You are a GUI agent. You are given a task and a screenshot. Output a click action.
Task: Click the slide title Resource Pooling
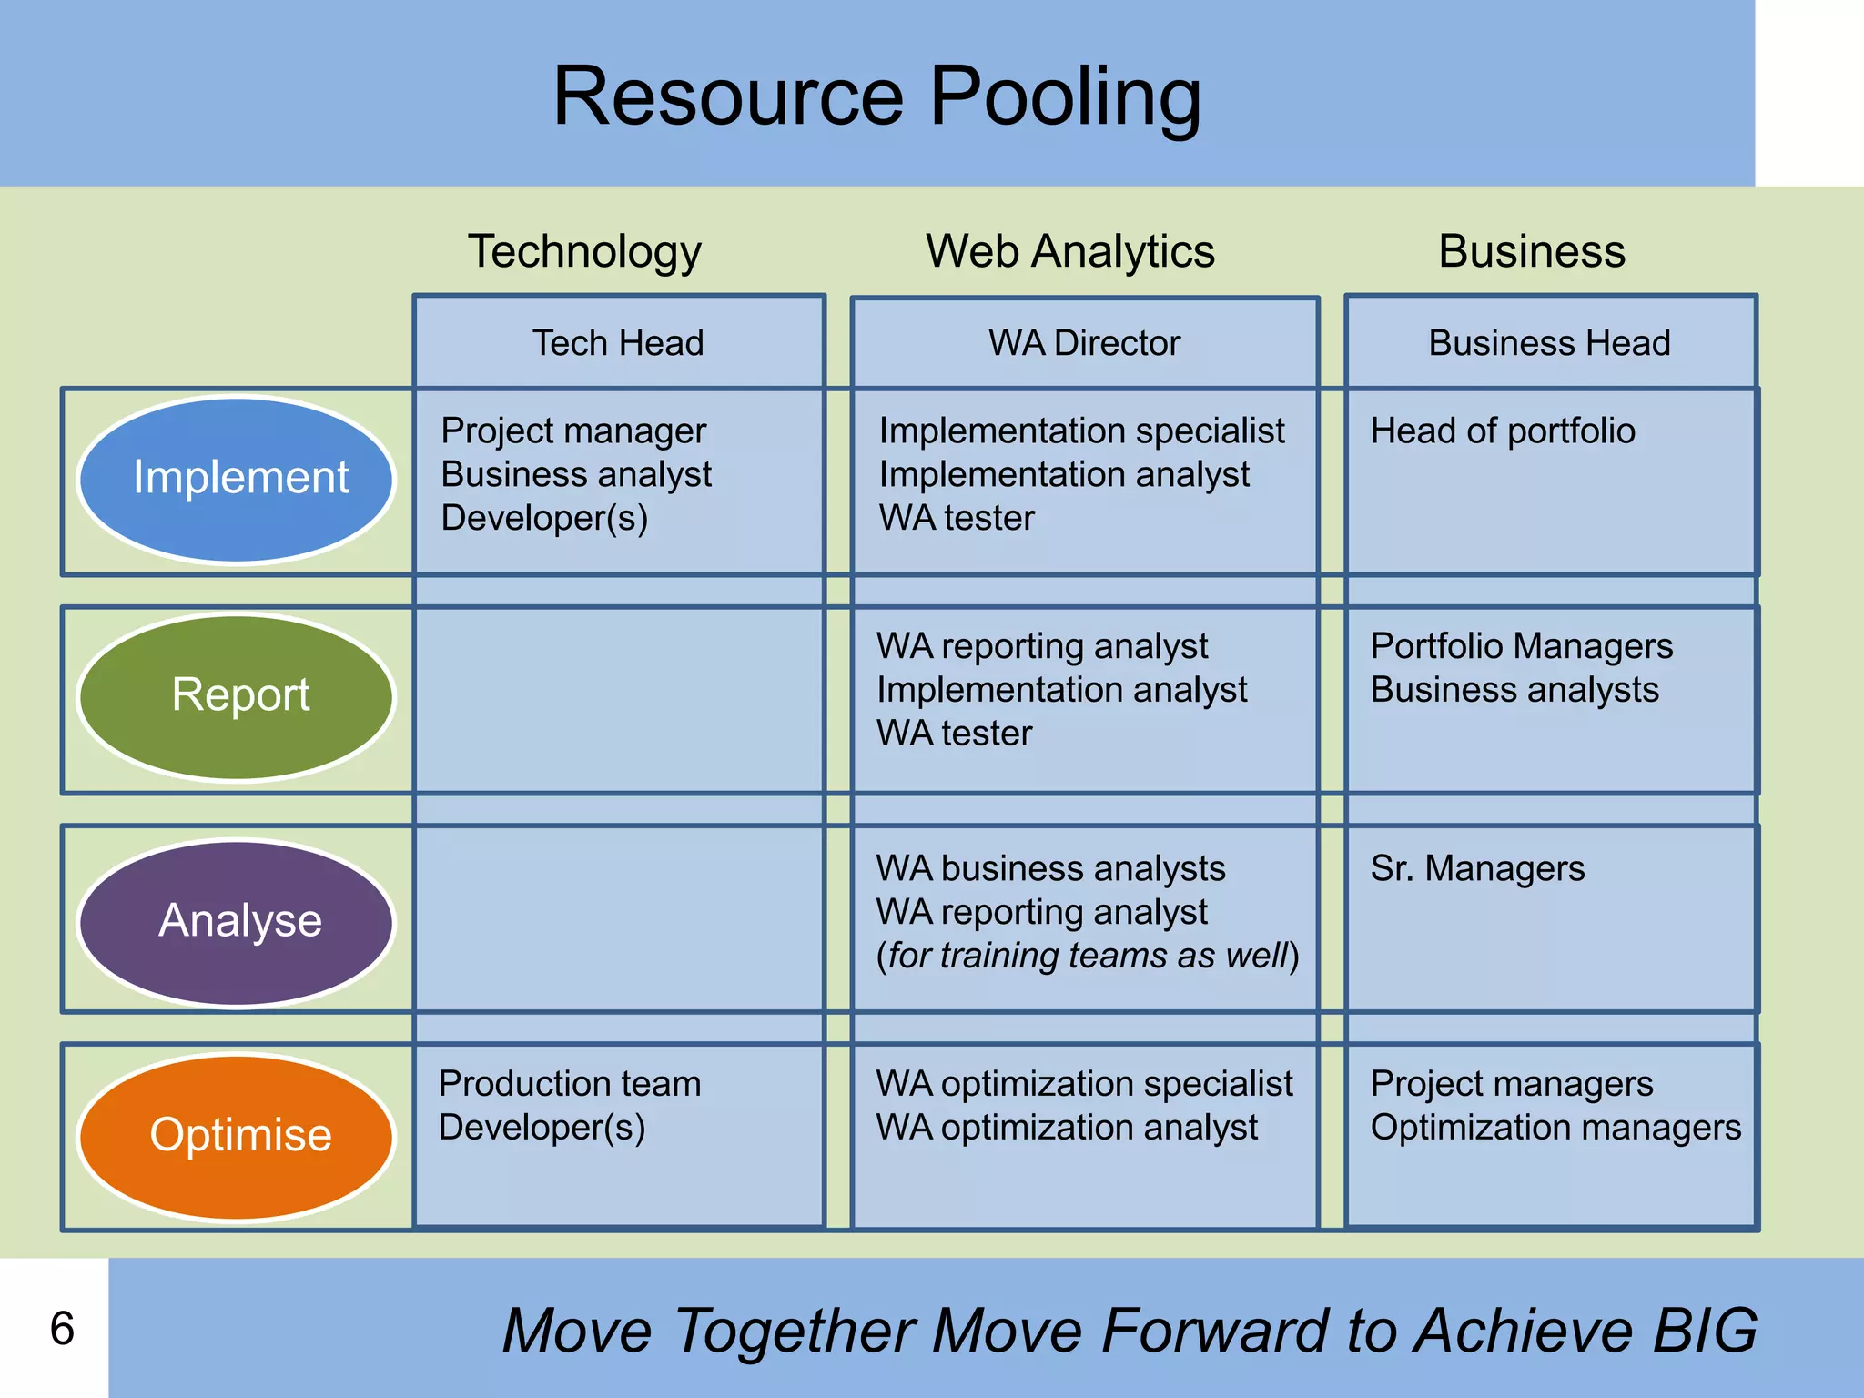876,97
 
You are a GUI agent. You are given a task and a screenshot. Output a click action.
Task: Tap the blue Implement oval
238,479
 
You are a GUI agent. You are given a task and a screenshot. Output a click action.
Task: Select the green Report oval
238,696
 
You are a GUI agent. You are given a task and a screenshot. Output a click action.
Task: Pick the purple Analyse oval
238,921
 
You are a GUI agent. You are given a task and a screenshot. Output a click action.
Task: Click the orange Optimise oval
238,1136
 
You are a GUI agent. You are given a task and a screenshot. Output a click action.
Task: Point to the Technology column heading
584,251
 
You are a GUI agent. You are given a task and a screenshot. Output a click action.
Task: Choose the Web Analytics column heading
1069,251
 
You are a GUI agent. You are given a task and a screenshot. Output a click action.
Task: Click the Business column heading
1531,251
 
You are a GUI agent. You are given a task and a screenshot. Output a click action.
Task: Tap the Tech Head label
618,343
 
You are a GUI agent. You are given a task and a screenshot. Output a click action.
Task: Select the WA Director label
1084,343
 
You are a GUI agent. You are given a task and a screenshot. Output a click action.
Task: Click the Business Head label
1549,343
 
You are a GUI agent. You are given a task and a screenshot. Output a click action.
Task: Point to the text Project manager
573,431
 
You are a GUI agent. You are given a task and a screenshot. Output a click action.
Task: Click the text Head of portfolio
1503,431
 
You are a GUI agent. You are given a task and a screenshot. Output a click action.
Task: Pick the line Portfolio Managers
1522,646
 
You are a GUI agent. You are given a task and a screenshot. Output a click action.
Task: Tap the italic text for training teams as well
1087,956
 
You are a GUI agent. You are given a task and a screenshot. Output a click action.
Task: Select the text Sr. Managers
1477,868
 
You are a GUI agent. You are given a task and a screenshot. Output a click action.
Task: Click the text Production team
570,1084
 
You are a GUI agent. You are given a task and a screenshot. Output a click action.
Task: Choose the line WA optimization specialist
1084,1084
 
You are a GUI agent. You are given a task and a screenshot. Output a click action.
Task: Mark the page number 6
62,1328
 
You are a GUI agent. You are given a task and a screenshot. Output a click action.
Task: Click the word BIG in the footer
1704,1331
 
